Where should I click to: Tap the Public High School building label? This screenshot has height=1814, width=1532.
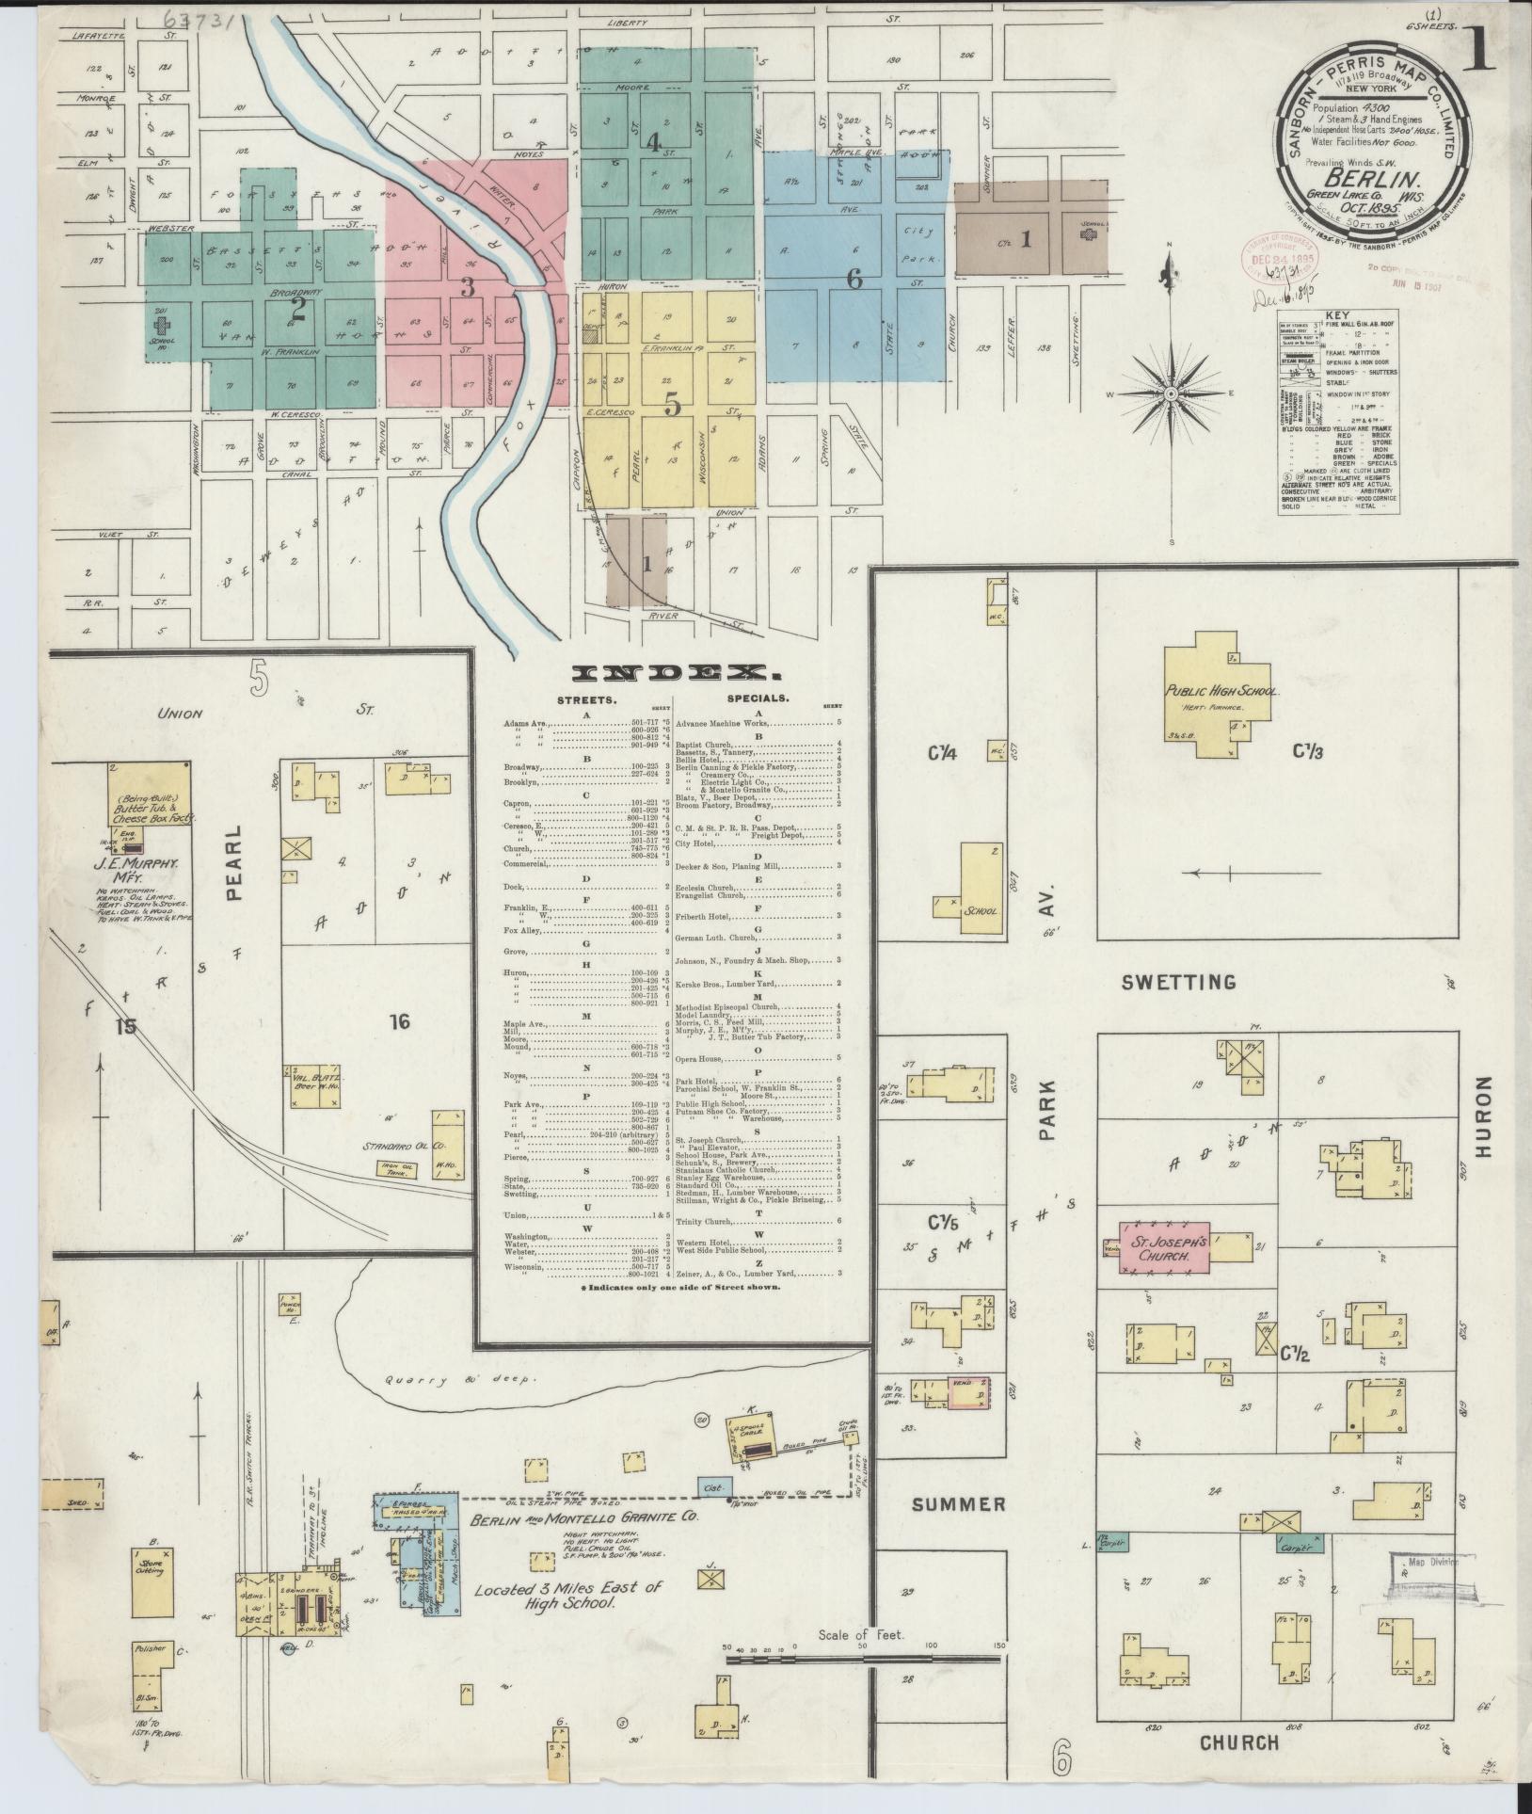[1221, 691]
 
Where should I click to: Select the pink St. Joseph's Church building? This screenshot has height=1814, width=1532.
[1158, 1249]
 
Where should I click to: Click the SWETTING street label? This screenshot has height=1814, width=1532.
[1178, 983]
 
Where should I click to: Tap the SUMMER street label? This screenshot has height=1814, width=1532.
[958, 1504]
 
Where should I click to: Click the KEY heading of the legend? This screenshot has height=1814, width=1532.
[1337, 317]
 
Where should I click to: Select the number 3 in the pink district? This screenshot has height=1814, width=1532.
[467, 286]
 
